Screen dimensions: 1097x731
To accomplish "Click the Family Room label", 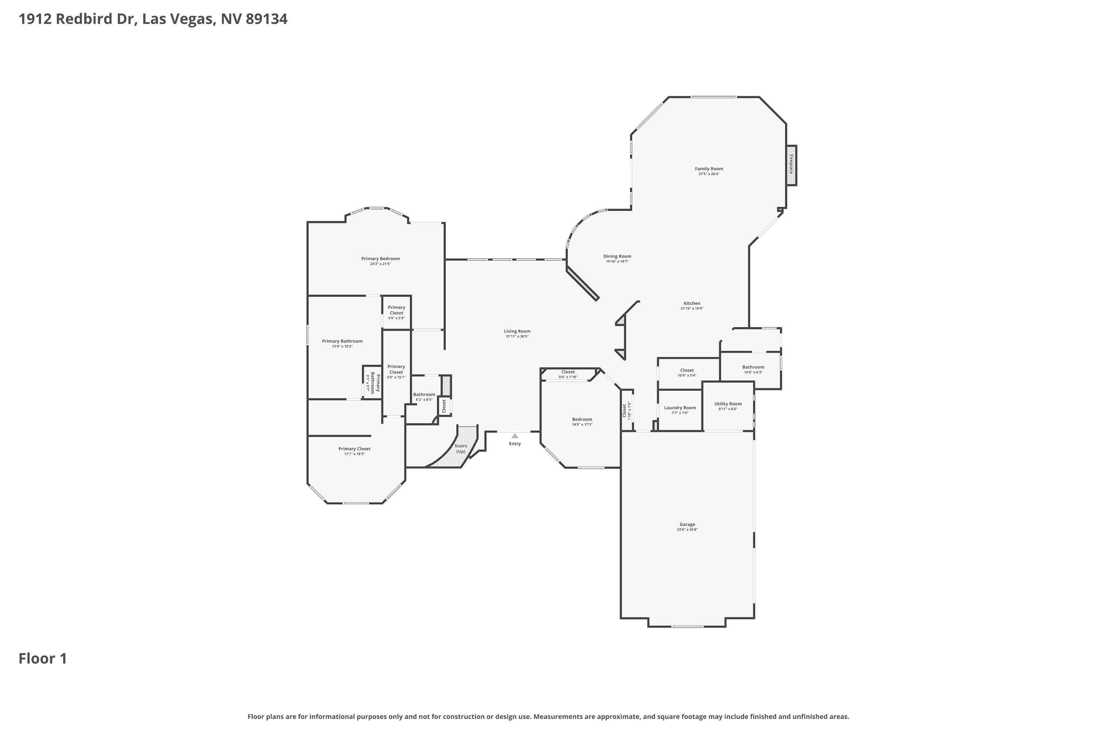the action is [x=709, y=169].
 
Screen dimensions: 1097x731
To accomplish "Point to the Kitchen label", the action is [x=692, y=303].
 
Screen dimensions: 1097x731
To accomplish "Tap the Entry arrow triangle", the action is [x=514, y=436].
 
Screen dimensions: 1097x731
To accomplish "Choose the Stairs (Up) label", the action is [x=461, y=448].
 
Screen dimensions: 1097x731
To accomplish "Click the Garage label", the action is [x=687, y=524].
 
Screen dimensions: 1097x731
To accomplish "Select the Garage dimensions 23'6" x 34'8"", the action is [x=687, y=530].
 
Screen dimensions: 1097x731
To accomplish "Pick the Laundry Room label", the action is [x=680, y=408].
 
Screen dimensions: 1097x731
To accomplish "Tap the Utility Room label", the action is [x=728, y=404].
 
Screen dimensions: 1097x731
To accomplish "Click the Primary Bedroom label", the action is [x=381, y=258].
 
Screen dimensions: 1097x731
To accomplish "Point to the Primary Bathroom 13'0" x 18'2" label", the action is [x=342, y=343].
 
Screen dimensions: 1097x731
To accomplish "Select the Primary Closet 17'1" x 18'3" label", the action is [x=354, y=451].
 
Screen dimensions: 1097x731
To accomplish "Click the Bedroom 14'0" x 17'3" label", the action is [x=582, y=421].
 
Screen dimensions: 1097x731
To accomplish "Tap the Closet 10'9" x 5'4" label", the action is [x=687, y=372].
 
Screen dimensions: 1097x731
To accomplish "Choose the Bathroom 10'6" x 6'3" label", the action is [x=753, y=369].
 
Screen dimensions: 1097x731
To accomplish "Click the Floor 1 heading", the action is [x=43, y=658].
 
